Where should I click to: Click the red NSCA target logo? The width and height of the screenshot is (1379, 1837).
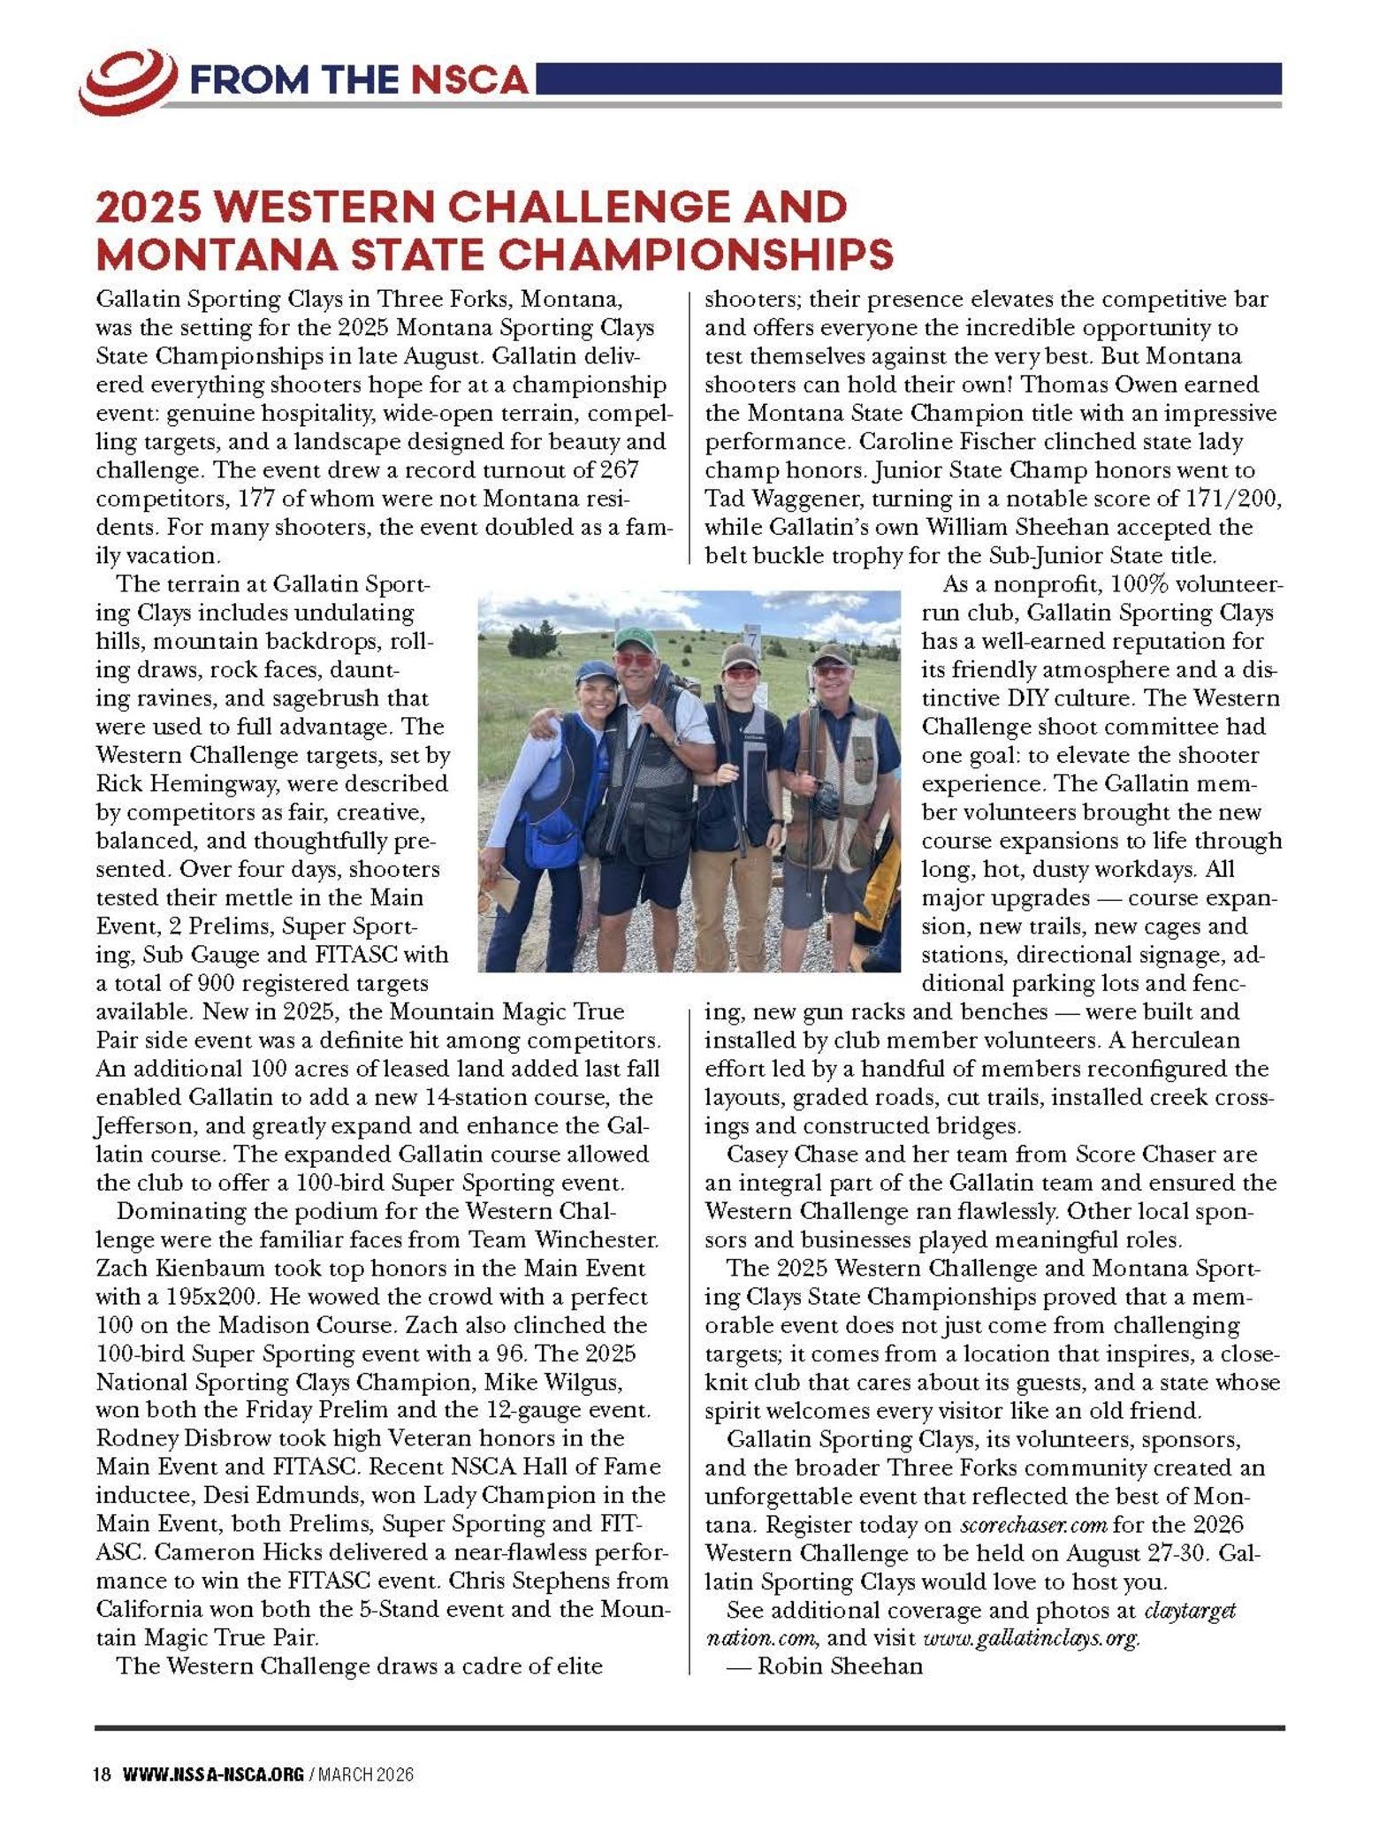coord(127,81)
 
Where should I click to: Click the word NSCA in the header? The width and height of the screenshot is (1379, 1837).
coord(469,81)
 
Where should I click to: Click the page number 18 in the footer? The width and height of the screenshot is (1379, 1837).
coord(103,1774)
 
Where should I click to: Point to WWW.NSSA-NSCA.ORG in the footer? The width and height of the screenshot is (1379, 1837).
coord(213,1774)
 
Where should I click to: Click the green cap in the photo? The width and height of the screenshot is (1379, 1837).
coord(633,637)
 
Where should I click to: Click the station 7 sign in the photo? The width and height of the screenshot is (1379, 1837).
coord(752,636)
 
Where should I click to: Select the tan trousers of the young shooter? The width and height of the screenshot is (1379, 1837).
coord(733,893)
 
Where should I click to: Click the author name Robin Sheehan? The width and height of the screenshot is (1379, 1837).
coord(840,1666)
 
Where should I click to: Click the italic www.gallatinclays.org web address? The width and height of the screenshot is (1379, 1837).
coord(1031,1638)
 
